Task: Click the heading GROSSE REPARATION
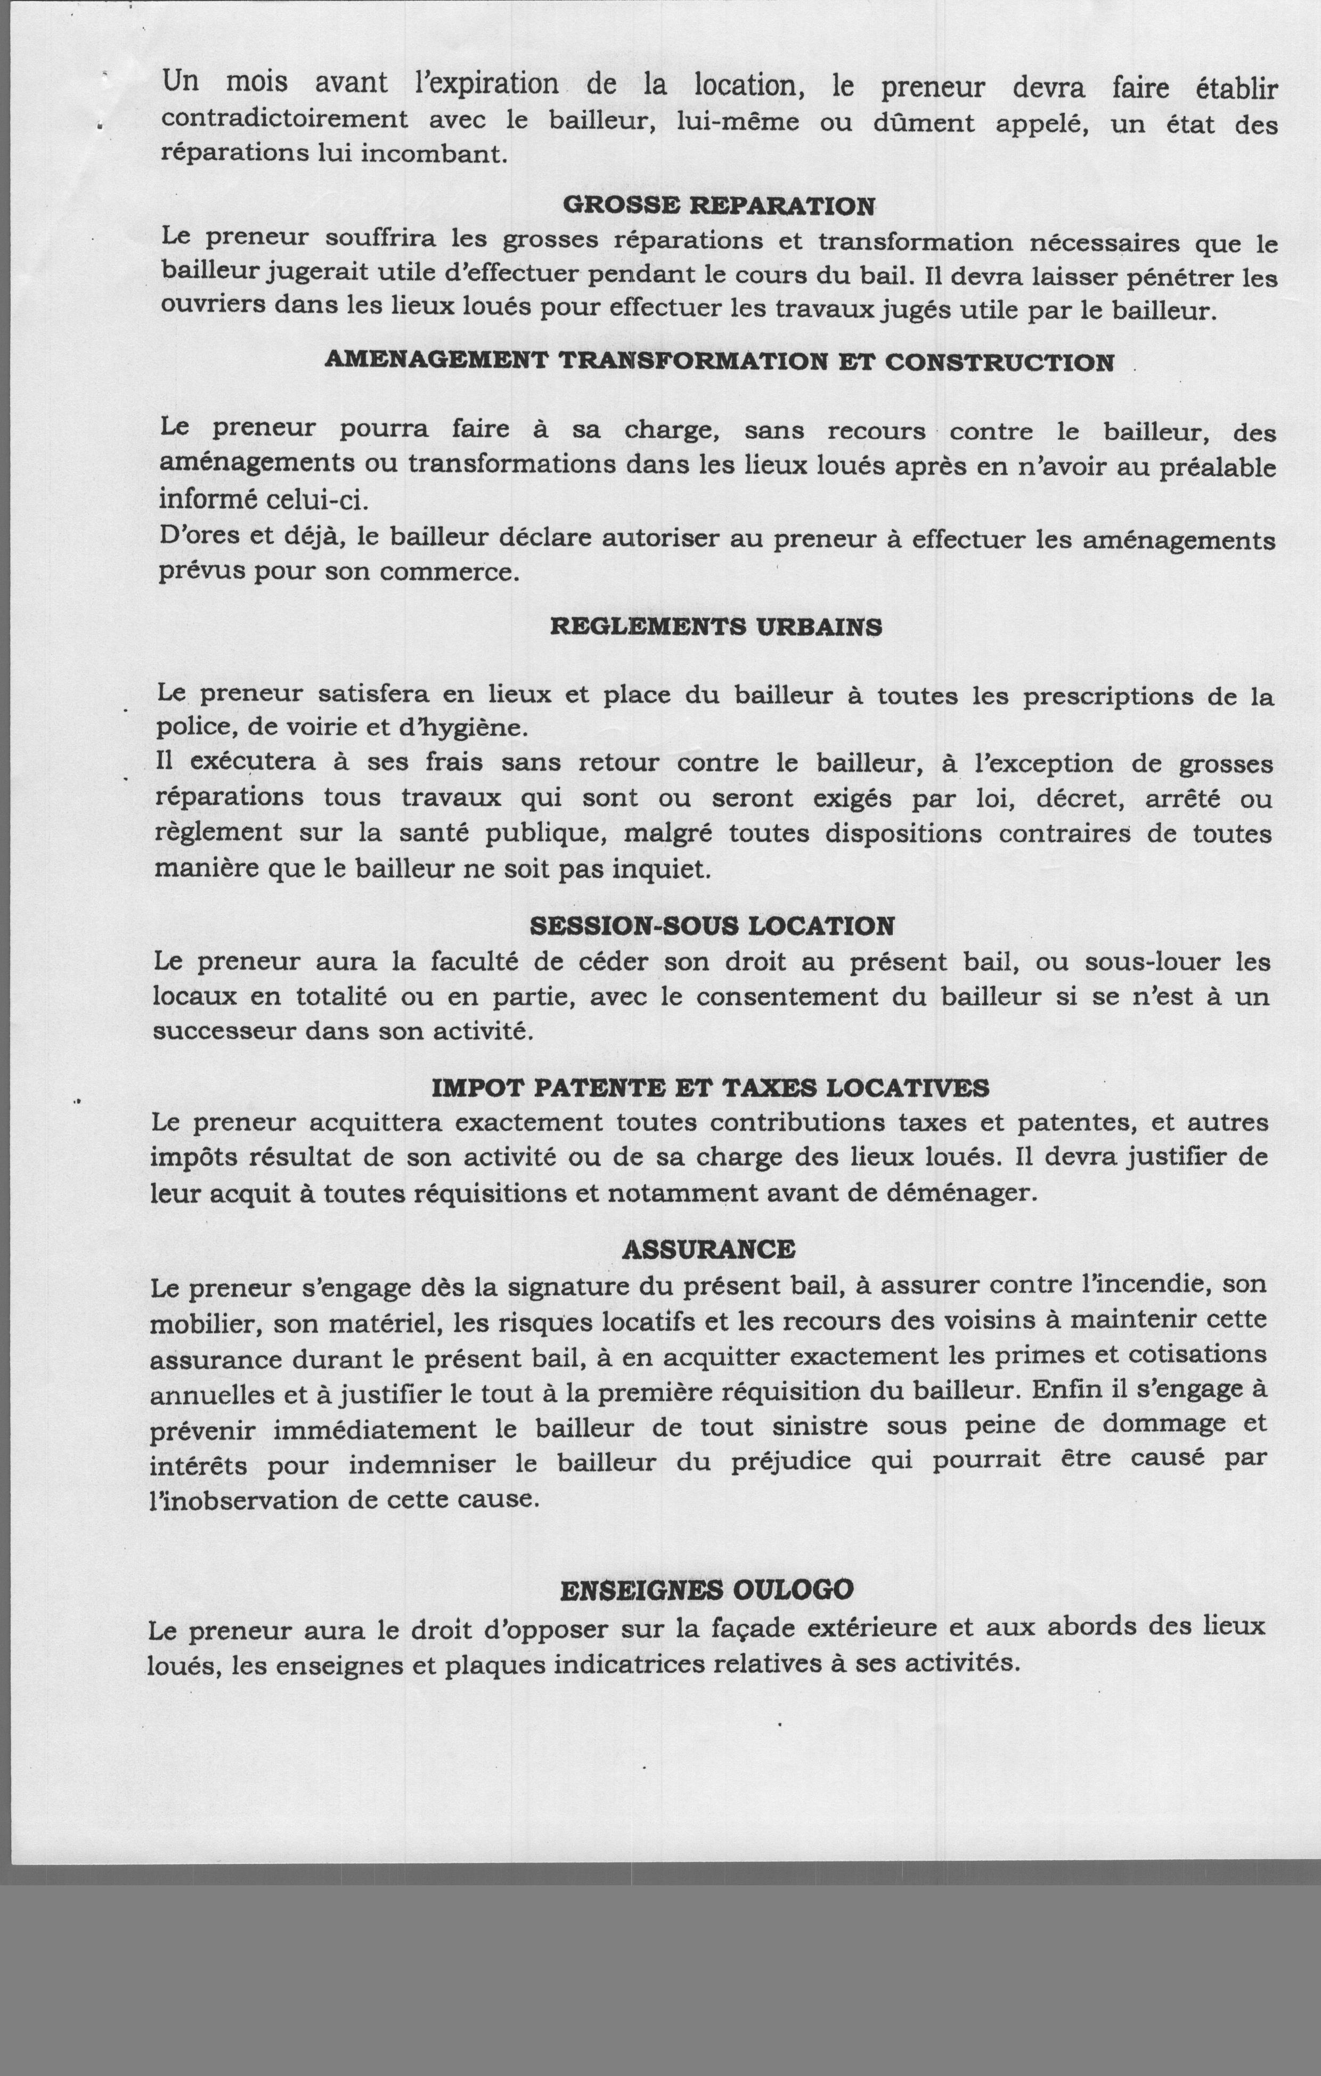point(718,205)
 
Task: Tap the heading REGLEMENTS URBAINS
point(716,627)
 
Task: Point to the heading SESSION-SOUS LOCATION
point(712,926)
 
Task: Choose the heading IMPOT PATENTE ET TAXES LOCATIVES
point(710,1088)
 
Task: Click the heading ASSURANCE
point(708,1249)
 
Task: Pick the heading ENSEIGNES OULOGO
point(706,1590)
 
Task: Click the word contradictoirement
point(284,118)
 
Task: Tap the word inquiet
point(662,869)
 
